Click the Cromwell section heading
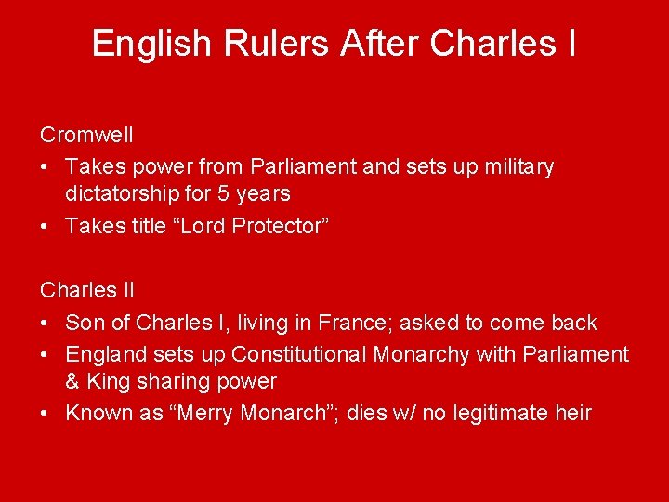(x=86, y=135)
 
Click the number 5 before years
(x=208, y=194)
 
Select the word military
(x=514, y=167)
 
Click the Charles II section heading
(x=87, y=290)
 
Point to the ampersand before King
(x=73, y=382)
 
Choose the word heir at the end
(x=573, y=413)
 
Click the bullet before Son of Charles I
(x=46, y=324)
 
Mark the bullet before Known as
(x=46, y=414)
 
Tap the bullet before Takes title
(x=46, y=227)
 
